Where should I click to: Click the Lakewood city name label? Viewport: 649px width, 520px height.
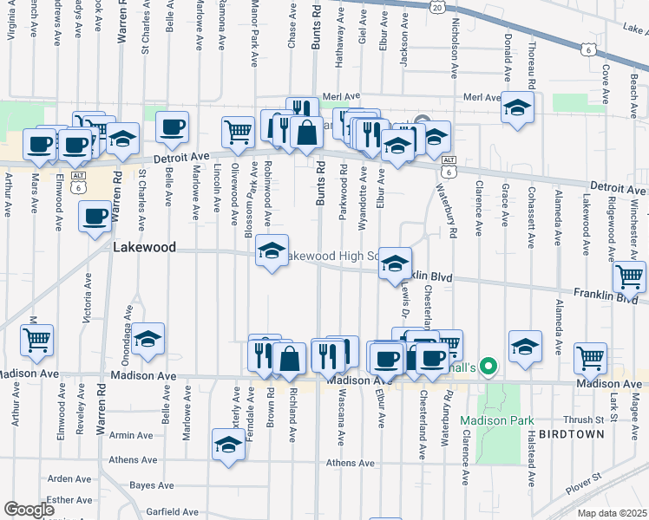[145, 248]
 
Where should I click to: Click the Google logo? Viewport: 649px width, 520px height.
[29, 510]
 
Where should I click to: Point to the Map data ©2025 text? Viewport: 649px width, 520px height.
[611, 513]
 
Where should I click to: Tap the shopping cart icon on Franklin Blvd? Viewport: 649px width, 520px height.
[629, 276]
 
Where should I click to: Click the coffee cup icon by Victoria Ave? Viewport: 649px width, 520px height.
[95, 216]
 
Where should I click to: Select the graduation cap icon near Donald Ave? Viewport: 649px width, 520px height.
[517, 107]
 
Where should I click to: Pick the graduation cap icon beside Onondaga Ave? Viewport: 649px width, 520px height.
[148, 339]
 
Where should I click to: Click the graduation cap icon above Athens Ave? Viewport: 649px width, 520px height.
[228, 445]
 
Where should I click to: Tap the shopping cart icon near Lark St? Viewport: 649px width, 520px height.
[590, 357]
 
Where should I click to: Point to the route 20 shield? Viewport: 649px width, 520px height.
[438, 6]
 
